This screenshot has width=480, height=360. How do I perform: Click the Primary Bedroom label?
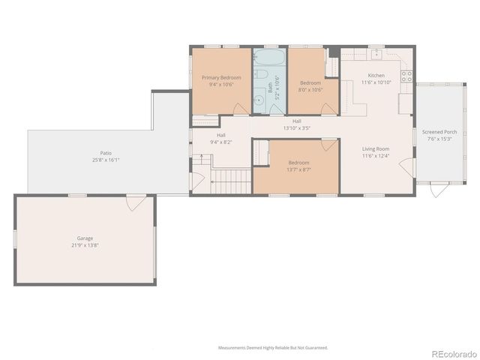click(x=221, y=77)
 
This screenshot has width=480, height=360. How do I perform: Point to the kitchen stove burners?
click(x=407, y=75)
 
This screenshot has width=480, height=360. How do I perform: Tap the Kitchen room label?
click(x=376, y=76)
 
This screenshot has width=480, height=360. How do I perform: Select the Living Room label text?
click(x=376, y=149)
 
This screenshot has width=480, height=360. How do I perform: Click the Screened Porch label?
click(x=439, y=131)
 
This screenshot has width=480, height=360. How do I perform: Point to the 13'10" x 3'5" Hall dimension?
click(x=297, y=127)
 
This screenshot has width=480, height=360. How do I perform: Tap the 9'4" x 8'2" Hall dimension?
click(x=221, y=142)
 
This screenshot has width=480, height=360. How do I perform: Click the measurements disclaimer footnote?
click(x=272, y=347)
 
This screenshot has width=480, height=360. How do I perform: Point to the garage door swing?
click(x=136, y=202)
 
